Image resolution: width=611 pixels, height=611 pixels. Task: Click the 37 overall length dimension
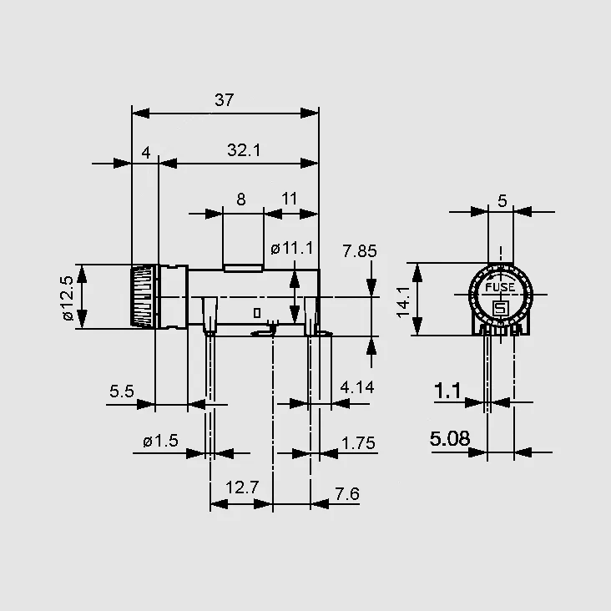[224, 100]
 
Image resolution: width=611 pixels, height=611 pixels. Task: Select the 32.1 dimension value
[244, 150]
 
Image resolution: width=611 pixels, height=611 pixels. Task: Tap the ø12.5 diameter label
[68, 298]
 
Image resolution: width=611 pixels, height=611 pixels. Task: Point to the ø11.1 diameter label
[292, 248]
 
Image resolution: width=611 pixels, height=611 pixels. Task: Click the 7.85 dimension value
[359, 251]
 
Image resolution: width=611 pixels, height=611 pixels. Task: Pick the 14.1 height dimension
[403, 302]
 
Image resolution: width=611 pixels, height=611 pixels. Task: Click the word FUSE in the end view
[500, 288]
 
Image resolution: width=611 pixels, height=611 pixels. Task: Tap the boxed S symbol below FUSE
[500, 309]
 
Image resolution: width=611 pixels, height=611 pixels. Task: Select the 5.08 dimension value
[450, 439]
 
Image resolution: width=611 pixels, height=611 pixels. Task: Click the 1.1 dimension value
[447, 391]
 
